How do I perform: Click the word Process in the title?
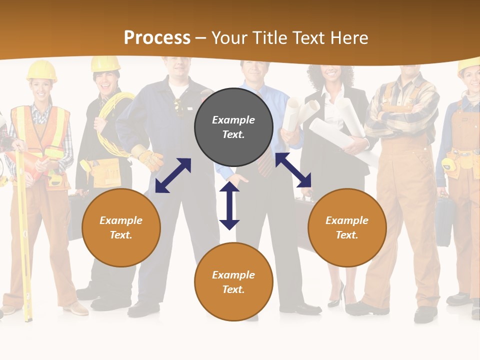(x=157, y=38)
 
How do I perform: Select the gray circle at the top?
(x=233, y=127)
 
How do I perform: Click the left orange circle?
(x=121, y=227)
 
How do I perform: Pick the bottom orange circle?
(x=233, y=282)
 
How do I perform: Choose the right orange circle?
(x=347, y=227)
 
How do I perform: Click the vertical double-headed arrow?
(x=229, y=206)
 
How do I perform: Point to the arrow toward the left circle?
(x=173, y=175)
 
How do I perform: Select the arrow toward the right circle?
(x=293, y=170)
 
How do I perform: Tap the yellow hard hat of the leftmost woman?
(x=41, y=70)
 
